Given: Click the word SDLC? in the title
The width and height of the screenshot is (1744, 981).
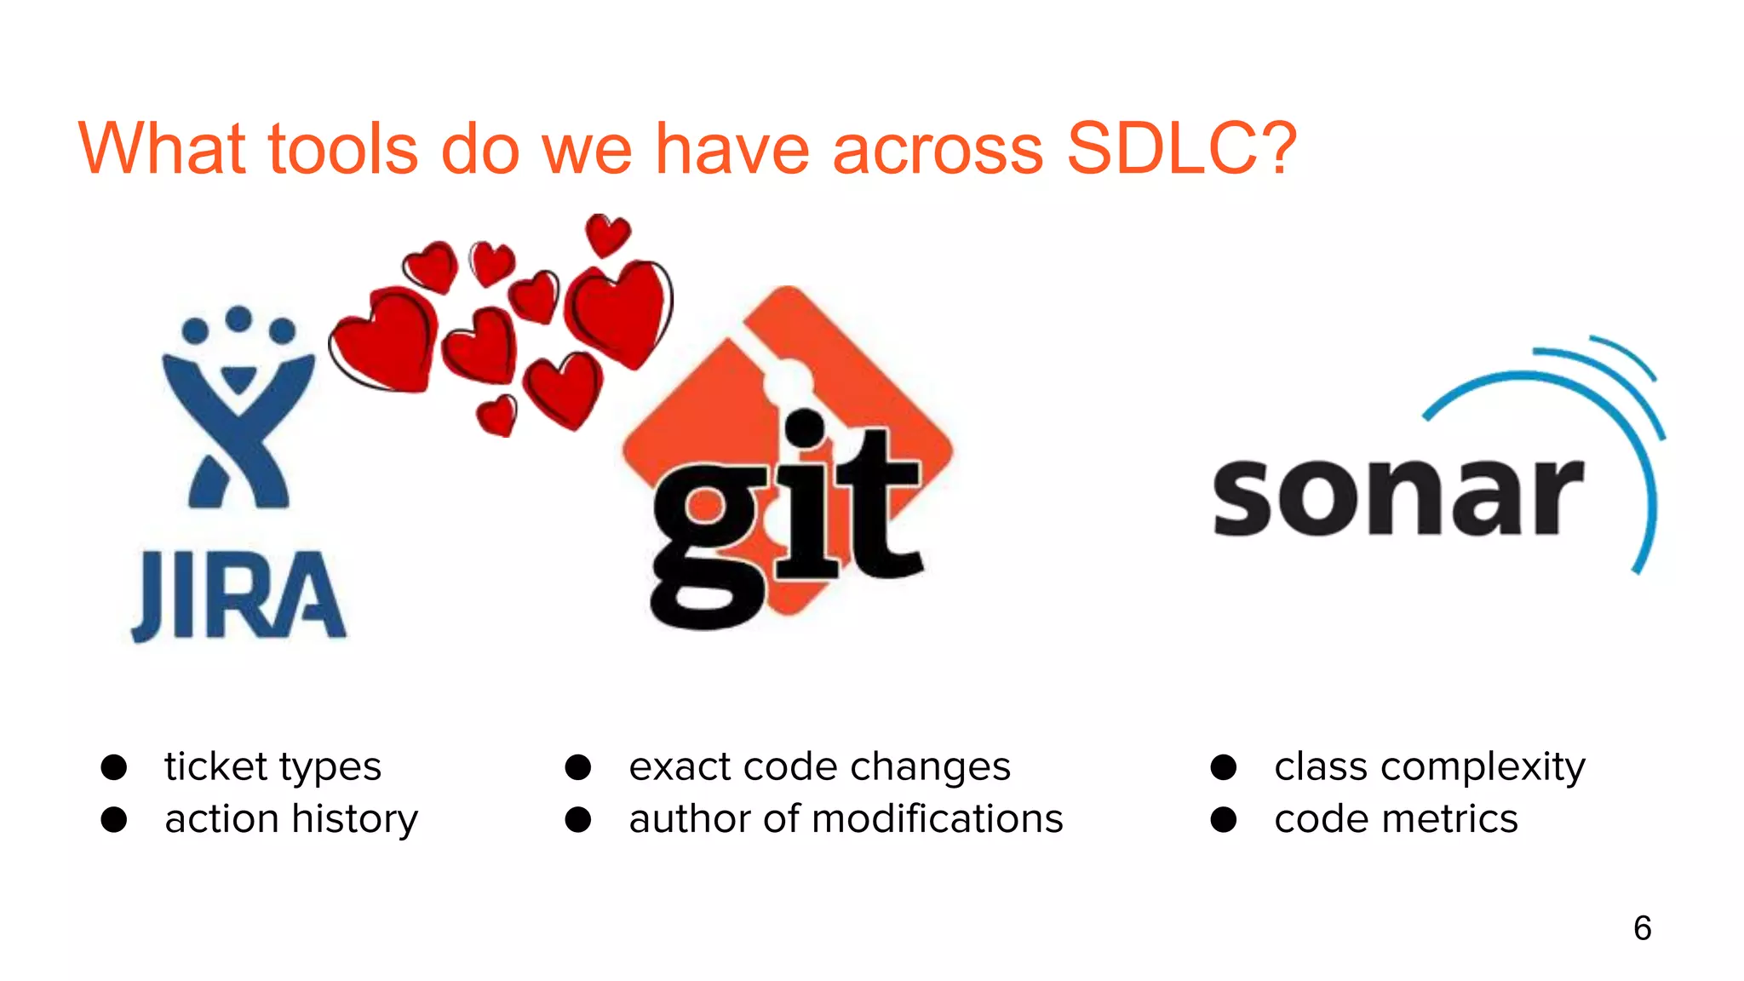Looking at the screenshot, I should point(1181,149).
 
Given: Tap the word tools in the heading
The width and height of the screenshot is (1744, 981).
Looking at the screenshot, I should point(342,149).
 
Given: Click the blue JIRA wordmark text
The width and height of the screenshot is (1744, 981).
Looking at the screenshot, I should point(238,596).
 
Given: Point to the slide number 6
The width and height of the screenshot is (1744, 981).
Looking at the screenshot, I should point(1642,928).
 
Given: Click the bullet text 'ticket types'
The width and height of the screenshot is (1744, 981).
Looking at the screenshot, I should point(272,767).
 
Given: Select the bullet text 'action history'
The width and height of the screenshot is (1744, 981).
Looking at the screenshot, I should point(291,819).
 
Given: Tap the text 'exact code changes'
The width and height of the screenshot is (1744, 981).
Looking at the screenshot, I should point(819,767).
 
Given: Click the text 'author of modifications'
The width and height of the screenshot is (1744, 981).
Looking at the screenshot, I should point(846,819).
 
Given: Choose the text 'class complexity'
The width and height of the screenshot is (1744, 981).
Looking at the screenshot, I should point(1430,767).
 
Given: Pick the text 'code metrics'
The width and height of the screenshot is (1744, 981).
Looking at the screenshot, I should point(1396,819).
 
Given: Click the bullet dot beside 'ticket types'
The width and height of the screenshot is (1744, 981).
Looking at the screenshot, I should point(114,767).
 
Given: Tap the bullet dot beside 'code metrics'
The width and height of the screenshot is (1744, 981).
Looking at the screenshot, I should point(1224,820).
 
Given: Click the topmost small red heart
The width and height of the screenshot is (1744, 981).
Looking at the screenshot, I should point(607,234).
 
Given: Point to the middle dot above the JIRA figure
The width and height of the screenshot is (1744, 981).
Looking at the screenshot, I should point(238,318).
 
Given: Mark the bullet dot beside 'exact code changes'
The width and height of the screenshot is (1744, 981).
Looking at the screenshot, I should point(578,767).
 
